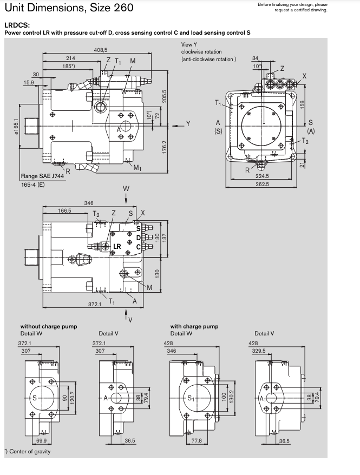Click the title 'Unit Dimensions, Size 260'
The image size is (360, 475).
click(69, 9)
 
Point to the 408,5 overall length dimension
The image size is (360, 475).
click(101, 50)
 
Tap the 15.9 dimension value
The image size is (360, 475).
click(29, 82)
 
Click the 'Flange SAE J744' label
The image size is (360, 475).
click(42, 176)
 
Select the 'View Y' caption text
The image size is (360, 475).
click(189, 44)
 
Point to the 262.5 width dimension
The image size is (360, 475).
click(263, 184)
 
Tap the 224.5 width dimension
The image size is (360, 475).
click(263, 176)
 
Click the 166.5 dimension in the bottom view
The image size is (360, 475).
click(65, 210)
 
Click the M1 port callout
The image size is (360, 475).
click(138, 167)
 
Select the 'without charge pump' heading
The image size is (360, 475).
click(49, 326)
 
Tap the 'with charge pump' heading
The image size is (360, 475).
click(194, 326)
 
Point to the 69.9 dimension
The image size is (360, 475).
click(41, 441)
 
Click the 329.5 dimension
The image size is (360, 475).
click(258, 351)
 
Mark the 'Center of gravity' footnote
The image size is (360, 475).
click(24, 451)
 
